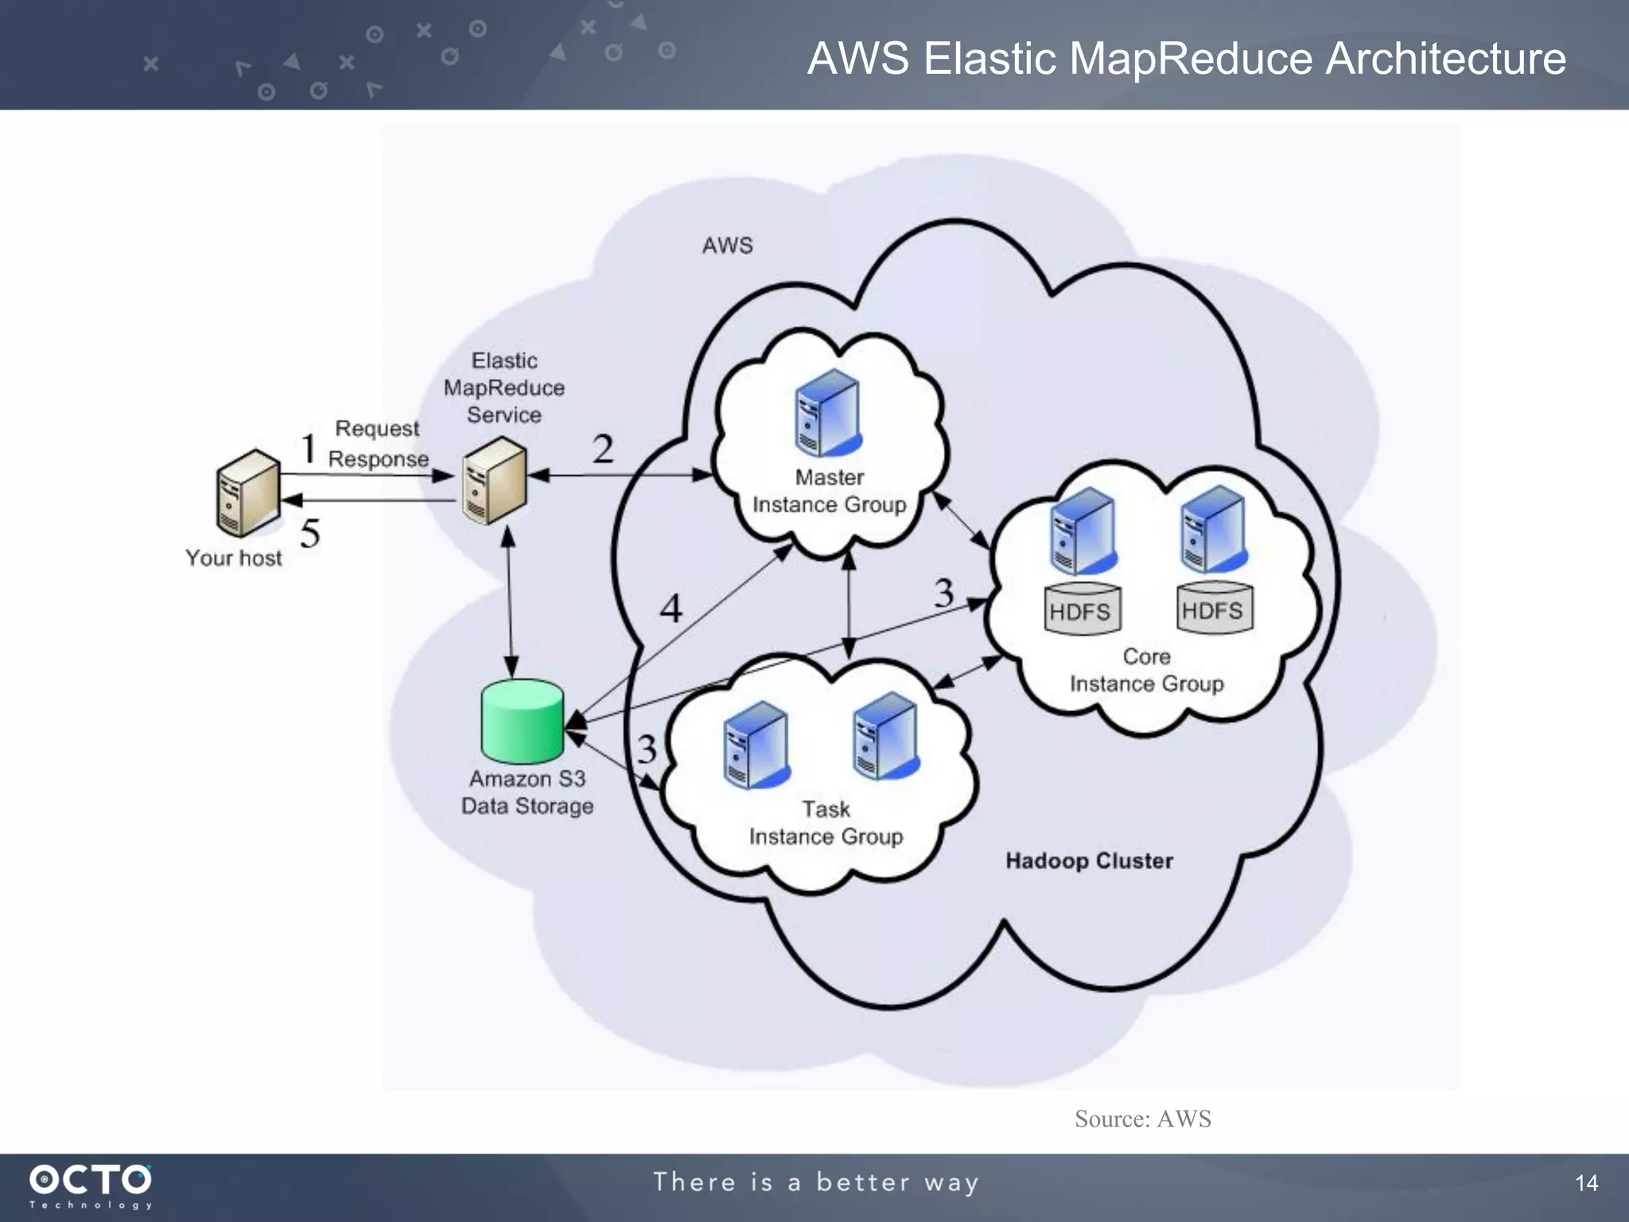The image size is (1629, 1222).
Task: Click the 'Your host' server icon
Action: pyautogui.click(x=248, y=493)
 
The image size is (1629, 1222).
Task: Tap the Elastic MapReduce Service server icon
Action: pyautogui.click(x=495, y=481)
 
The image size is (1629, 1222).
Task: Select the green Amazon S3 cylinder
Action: pyautogui.click(x=523, y=721)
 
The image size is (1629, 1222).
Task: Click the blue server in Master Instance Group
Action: pyautogui.click(x=828, y=413)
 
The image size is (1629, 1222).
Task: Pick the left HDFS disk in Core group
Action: pyautogui.click(x=1082, y=609)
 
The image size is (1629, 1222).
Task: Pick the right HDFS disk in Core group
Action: pyautogui.click(x=1214, y=608)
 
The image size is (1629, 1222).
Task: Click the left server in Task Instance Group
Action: pyautogui.click(x=756, y=745)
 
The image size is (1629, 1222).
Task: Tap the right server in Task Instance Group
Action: pyautogui.click(x=885, y=736)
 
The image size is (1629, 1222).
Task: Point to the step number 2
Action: pyautogui.click(x=603, y=449)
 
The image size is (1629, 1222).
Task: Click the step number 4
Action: pyautogui.click(x=671, y=609)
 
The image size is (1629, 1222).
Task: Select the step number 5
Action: pyautogui.click(x=310, y=533)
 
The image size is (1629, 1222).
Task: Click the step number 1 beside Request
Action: pyautogui.click(x=308, y=448)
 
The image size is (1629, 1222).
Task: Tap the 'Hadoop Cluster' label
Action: pyautogui.click(x=1089, y=861)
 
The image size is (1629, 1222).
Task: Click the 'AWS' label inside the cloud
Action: pyautogui.click(x=727, y=245)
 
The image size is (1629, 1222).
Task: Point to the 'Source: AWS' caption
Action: pyautogui.click(x=1142, y=1119)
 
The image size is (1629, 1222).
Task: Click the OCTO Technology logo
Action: pyautogui.click(x=91, y=1185)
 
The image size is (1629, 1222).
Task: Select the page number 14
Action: pyautogui.click(x=1586, y=1183)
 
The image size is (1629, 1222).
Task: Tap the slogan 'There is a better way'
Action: pyautogui.click(x=816, y=1182)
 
